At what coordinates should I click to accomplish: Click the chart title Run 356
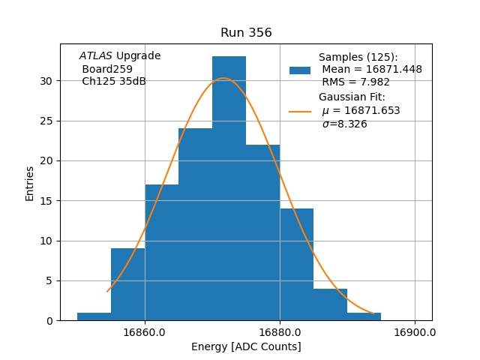246,33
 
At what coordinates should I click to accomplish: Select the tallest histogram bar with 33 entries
229,188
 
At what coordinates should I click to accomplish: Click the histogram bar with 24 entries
195,224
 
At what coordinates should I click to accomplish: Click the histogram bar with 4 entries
330,304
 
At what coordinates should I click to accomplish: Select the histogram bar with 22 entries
262,232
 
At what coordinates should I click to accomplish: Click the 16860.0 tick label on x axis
145,332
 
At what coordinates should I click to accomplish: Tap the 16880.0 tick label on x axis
280,332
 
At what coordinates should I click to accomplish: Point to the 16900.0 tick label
415,332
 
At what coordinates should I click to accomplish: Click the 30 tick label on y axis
46,81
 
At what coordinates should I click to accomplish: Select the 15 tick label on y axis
46,201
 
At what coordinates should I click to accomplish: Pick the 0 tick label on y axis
49,321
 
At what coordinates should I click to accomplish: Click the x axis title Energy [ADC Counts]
246,346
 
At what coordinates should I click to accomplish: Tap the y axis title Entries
30,183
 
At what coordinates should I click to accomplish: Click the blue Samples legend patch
300,70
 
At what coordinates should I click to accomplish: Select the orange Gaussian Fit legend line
300,111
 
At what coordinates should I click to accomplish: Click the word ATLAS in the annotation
96,56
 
